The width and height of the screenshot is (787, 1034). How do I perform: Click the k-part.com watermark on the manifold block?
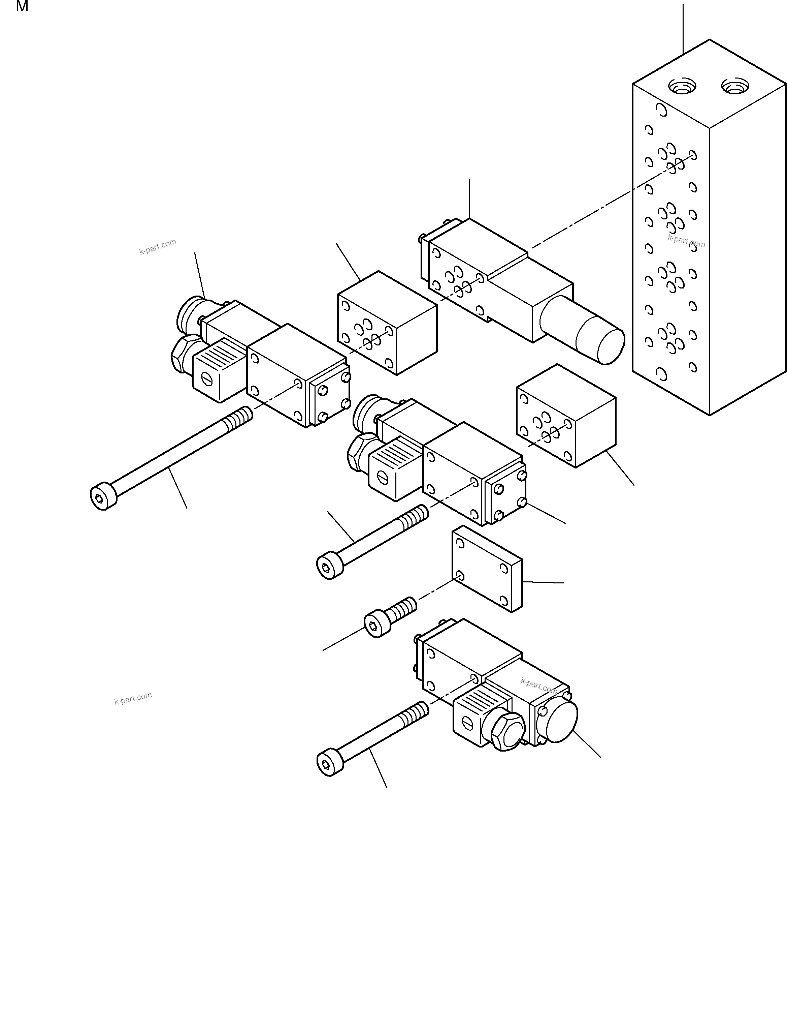coord(686,241)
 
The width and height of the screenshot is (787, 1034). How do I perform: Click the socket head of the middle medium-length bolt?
coord(330,568)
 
